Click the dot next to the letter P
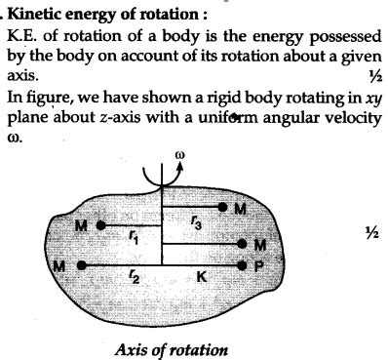242,265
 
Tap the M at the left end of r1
81,227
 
